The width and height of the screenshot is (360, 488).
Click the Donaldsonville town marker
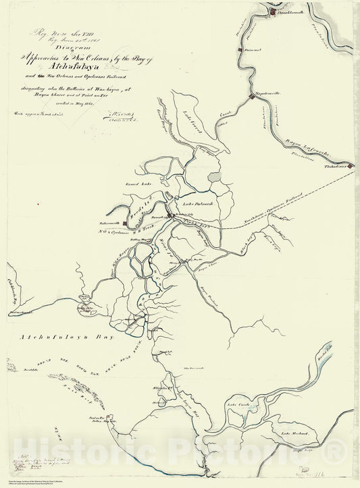click(272, 11)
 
